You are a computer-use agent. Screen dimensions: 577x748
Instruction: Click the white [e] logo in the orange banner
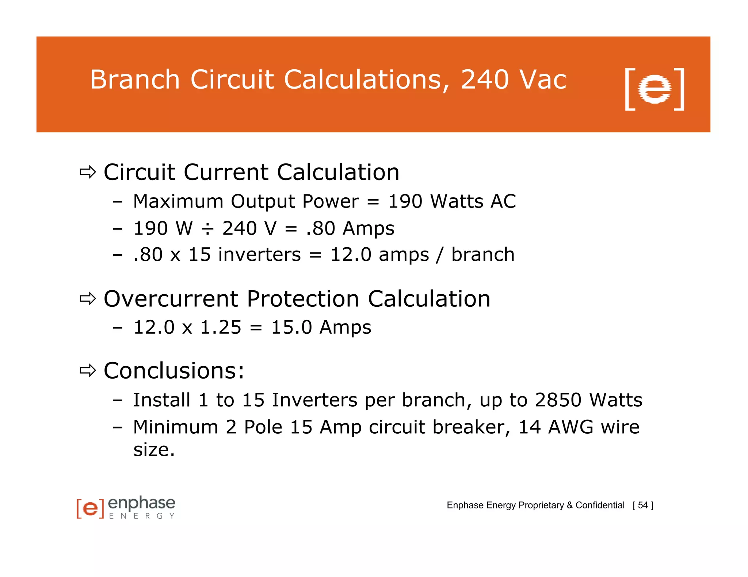pyautogui.click(x=654, y=89)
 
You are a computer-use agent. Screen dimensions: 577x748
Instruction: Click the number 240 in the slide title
pyautogui.click(x=485, y=80)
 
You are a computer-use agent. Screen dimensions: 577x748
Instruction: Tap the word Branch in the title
pyautogui.click(x=135, y=80)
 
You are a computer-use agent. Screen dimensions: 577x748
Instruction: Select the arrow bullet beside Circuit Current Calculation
pyautogui.click(x=88, y=172)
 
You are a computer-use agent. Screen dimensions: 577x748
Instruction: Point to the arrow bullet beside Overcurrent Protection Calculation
pyautogui.click(x=88, y=299)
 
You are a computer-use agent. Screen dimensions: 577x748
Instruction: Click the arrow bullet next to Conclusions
pyautogui.click(x=88, y=371)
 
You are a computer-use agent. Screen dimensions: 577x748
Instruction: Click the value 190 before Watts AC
pyautogui.click(x=405, y=201)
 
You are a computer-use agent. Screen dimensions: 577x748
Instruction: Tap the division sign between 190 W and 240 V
pyautogui.click(x=207, y=229)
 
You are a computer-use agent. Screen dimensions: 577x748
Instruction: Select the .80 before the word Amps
pyautogui.click(x=320, y=229)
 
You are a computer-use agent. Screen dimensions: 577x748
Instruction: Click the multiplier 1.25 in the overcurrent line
pyautogui.click(x=221, y=327)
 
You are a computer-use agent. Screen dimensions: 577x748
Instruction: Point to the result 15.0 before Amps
pyautogui.click(x=291, y=327)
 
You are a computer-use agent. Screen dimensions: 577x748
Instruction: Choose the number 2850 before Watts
pyautogui.click(x=558, y=400)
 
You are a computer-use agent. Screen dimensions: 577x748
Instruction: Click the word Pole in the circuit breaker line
pyautogui.click(x=263, y=427)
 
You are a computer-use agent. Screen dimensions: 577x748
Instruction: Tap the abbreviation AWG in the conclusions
pyautogui.click(x=570, y=427)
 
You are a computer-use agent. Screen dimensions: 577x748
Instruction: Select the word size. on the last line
pyautogui.click(x=154, y=450)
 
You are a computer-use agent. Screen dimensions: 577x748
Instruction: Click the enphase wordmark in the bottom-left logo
pyautogui.click(x=142, y=503)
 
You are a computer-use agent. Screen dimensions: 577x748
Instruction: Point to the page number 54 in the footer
pyautogui.click(x=643, y=505)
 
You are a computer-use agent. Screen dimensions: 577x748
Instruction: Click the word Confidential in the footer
pyautogui.click(x=600, y=505)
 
